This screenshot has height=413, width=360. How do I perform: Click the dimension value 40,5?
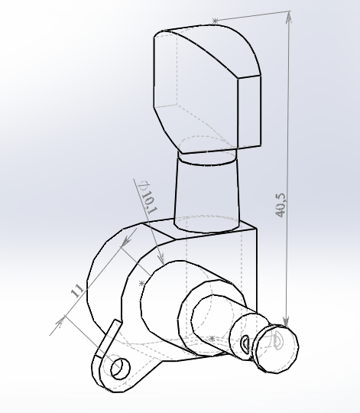[280, 206]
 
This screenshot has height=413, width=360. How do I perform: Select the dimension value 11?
[77, 291]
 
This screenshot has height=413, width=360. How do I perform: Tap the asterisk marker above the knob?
[215, 21]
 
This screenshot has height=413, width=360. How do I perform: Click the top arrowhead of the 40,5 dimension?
[289, 17]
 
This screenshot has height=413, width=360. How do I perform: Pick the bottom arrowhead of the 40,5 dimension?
[286, 321]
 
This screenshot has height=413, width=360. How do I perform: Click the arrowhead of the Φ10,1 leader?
[161, 259]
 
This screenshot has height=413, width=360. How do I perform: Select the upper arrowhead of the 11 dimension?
[126, 242]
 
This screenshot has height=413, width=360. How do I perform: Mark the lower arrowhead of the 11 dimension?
[60, 322]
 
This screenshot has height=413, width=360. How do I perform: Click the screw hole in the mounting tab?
[121, 369]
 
